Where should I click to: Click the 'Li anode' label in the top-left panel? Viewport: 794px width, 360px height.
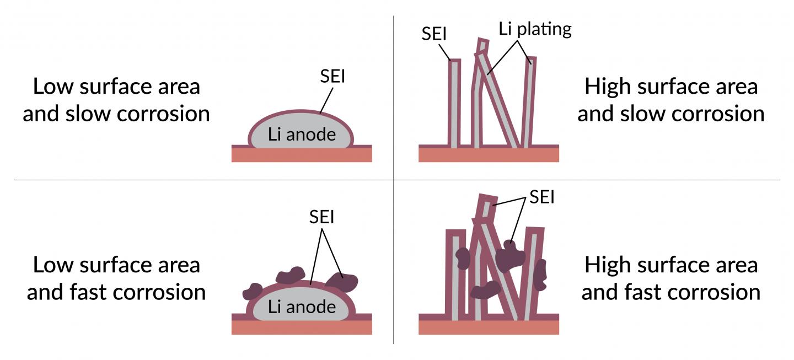[x=302, y=135]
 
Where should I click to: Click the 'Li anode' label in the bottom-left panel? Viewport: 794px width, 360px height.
[x=302, y=307]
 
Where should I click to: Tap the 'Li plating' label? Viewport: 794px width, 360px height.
[x=535, y=29]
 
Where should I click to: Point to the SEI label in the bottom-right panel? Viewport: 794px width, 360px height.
[x=541, y=197]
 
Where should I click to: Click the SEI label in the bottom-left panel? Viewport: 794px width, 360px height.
[x=321, y=217]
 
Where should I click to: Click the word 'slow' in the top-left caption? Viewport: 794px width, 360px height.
[x=90, y=114]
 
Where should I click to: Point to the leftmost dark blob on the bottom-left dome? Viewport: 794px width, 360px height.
[x=253, y=291]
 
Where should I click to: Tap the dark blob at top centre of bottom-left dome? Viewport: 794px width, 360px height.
[x=291, y=275]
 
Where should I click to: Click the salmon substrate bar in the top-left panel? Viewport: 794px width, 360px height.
[x=302, y=155]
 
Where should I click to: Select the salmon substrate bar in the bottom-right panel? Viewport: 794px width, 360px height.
[x=489, y=327]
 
